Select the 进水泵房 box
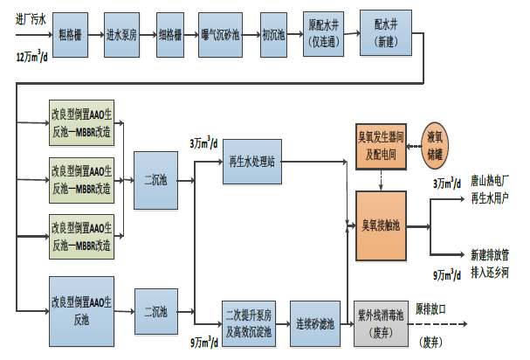[123, 36]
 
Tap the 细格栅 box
[175, 36]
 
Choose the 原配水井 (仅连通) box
[325, 36]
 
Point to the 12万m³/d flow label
[31, 56]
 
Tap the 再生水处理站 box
[253, 162]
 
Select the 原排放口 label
[431, 309]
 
